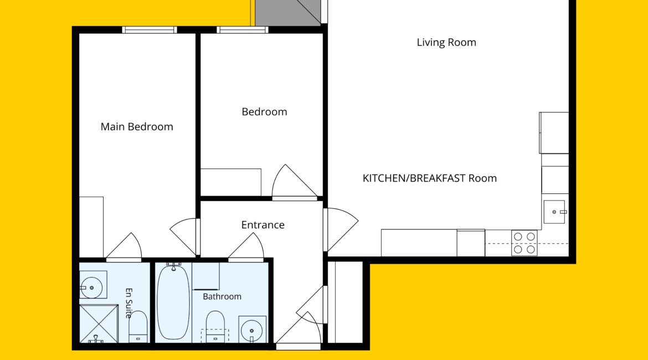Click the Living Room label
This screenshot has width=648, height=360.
click(x=446, y=42)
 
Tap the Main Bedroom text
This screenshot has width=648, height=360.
click(x=137, y=126)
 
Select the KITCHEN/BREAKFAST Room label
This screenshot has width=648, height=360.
click(x=430, y=178)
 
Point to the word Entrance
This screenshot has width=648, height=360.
click(x=263, y=225)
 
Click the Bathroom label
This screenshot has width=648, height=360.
click(x=222, y=296)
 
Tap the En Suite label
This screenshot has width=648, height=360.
click(x=129, y=303)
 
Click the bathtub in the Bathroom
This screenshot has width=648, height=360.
click(x=173, y=302)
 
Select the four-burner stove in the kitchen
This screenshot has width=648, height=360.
click(x=524, y=243)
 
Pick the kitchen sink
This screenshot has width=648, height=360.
click(x=554, y=212)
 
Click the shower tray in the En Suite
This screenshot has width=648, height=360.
click(x=99, y=324)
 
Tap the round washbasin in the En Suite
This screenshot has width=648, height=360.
click(x=92, y=287)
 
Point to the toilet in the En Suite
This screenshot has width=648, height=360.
click(x=138, y=327)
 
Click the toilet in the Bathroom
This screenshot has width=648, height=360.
click(x=215, y=327)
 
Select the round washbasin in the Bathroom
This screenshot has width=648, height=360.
click(x=251, y=331)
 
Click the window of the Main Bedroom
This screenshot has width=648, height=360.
click(x=150, y=30)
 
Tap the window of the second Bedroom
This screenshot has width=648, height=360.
click(x=243, y=30)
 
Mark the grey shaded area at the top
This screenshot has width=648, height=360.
click(x=287, y=12)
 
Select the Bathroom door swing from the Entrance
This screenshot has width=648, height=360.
click(x=246, y=247)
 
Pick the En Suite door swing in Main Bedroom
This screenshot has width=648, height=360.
click(x=124, y=247)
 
